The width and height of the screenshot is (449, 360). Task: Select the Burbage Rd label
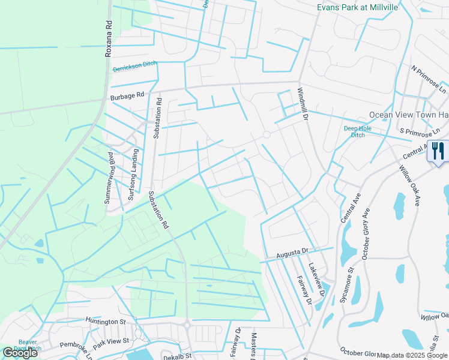point(127,95)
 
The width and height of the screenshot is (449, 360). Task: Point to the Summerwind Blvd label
point(110,178)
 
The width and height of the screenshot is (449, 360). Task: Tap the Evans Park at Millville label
point(357,7)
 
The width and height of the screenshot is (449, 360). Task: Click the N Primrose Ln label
point(429,78)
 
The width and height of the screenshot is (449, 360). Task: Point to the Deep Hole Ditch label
point(354,131)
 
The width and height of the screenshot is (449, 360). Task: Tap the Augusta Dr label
point(292,254)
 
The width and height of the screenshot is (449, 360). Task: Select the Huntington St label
point(106,322)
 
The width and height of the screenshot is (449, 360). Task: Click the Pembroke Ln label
point(76,349)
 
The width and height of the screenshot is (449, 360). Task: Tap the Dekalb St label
point(177,356)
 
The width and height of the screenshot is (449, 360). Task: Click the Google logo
point(20,353)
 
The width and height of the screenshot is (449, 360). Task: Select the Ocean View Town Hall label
point(409,115)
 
